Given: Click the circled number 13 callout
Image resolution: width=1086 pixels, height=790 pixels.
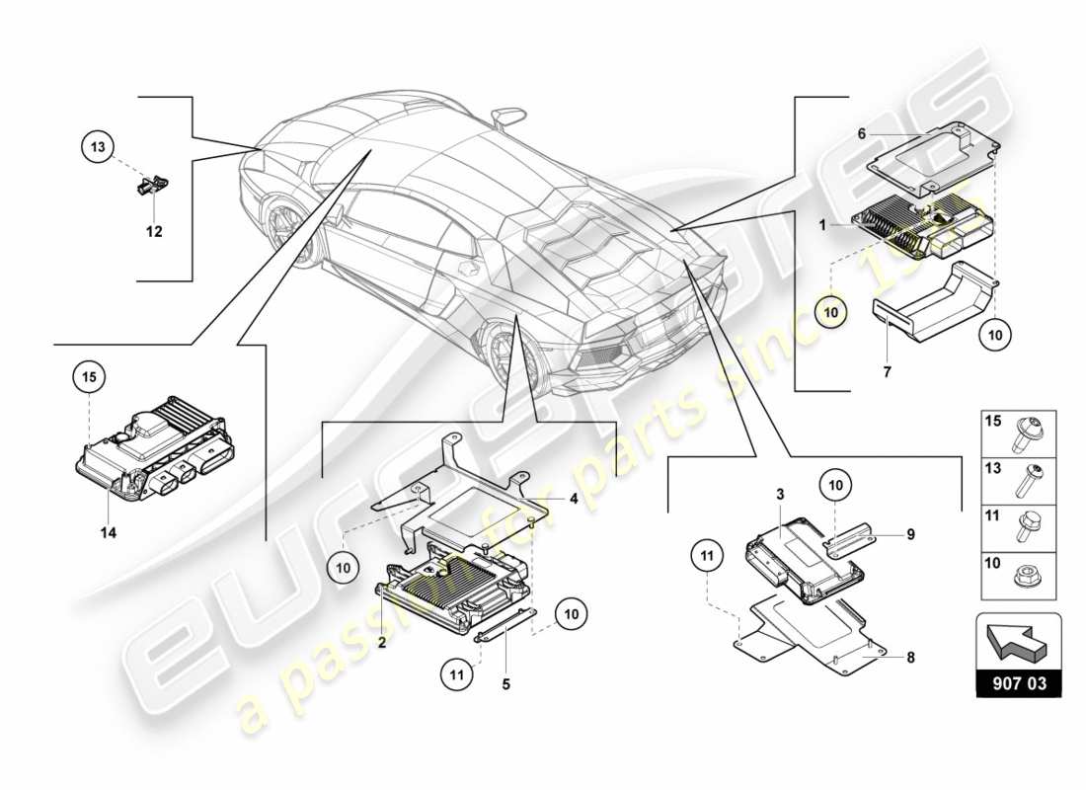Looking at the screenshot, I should [x=97, y=148].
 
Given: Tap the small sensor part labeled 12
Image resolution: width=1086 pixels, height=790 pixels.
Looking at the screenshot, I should [x=151, y=184].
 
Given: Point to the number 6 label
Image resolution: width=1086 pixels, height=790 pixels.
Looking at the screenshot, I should [x=862, y=133].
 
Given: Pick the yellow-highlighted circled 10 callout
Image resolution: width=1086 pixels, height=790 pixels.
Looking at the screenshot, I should [x=831, y=312].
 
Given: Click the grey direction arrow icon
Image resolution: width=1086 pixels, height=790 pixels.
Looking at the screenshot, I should [x=1019, y=643].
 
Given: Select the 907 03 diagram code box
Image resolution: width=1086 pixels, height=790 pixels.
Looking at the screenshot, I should [x=1019, y=682].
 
